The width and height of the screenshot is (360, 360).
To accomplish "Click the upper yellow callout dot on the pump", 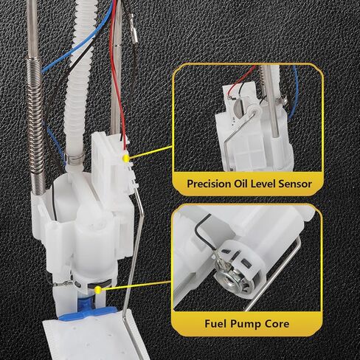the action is [x=126, y=159].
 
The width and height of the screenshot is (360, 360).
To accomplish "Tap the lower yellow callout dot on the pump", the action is [x=98, y=290].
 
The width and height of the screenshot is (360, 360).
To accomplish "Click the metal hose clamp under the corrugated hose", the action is [x=75, y=159].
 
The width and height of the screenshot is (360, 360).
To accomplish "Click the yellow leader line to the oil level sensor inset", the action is [x=150, y=152].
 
